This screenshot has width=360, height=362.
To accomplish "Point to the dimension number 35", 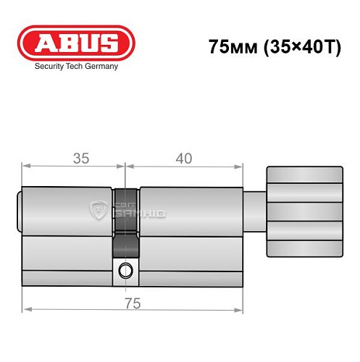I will pos(80,158).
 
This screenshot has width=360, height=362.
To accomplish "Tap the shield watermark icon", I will pos(98,210).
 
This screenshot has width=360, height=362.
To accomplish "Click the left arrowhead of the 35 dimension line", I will pos(25,167).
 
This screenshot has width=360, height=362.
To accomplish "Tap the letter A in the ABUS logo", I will pos(43,42).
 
